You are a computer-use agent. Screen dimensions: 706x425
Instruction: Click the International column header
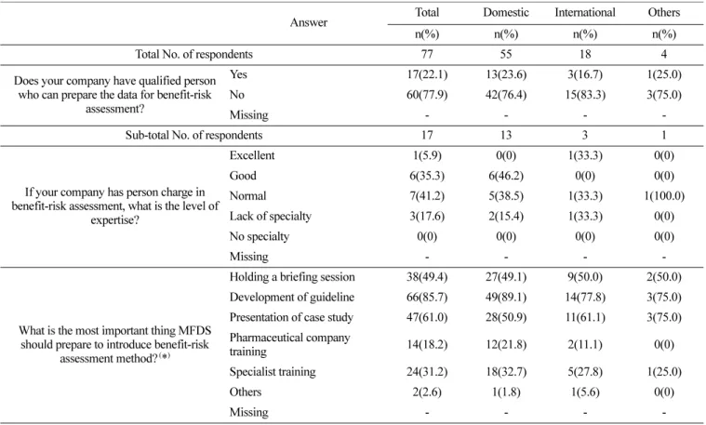[585, 12]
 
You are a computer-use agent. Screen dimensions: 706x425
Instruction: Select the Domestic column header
[506, 12]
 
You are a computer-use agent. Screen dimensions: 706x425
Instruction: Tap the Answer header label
[309, 22]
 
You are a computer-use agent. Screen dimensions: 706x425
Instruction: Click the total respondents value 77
[427, 55]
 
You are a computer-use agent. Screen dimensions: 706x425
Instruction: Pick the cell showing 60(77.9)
[427, 95]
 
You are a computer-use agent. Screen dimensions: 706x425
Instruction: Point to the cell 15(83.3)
[585, 95]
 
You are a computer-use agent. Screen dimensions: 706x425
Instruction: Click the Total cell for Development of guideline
[427, 298]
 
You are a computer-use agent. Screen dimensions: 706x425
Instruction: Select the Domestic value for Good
[506, 176]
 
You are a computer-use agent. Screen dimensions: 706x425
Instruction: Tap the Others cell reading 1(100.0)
[664, 196]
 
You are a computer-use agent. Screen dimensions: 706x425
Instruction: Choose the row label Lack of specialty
[270, 216]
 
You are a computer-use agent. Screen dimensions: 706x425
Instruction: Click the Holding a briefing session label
[292, 277]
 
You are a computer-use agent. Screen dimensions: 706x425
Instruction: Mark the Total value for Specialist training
[427, 372]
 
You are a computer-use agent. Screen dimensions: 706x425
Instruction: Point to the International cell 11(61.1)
[585, 317]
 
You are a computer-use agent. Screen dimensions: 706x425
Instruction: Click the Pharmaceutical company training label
[289, 344]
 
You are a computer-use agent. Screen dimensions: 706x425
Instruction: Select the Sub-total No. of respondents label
[193, 136]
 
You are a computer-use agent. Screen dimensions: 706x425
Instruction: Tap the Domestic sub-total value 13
[506, 136]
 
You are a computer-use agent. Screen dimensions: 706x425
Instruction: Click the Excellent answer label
[252, 155]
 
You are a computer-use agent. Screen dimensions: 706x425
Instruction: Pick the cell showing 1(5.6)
[585, 392]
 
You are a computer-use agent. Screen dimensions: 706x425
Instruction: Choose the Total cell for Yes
[427, 74]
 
